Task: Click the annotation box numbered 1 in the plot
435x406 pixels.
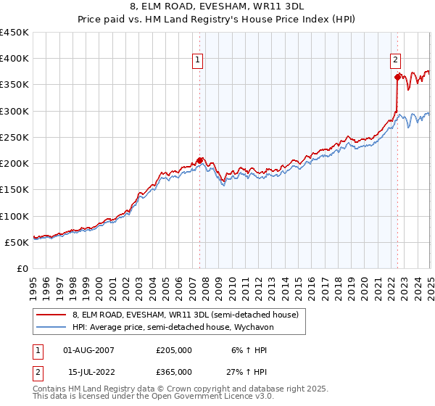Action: (197, 61)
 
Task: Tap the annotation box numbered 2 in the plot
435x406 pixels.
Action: (396, 61)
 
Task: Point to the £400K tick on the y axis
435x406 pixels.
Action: (14, 59)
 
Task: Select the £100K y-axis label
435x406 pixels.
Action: (14, 216)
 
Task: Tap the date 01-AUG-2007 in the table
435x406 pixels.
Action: (89, 349)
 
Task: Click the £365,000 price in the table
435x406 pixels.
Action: (174, 371)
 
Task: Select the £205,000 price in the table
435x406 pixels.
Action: (174, 349)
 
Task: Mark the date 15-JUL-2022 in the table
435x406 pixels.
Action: (88, 371)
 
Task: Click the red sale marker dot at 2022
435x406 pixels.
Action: (397, 77)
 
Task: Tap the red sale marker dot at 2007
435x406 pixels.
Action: (200, 160)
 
